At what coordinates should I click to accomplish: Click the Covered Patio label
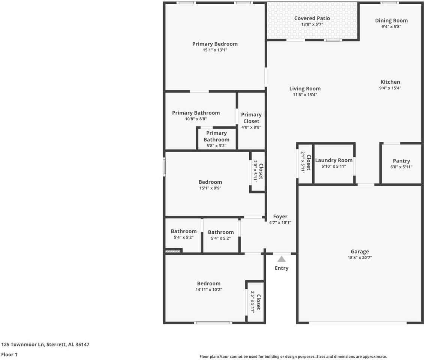point(312,18)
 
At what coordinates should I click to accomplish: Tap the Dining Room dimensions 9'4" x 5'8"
point(391,27)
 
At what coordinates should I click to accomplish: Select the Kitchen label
point(390,82)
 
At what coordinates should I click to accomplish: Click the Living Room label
point(305,89)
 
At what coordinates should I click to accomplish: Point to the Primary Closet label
point(251,118)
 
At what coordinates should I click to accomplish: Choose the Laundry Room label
point(334,160)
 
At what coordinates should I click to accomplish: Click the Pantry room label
point(401,161)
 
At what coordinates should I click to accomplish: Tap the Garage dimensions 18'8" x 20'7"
point(360,258)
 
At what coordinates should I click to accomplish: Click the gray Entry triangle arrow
point(282,259)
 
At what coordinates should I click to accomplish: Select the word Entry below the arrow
point(282,268)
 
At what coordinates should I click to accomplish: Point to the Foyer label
point(280,216)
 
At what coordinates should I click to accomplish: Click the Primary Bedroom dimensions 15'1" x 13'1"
point(215,50)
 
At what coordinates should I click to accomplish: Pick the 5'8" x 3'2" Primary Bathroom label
point(216,136)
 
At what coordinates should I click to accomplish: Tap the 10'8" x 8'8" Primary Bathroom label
point(196,113)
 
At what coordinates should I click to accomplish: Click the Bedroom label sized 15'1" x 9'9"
point(210,182)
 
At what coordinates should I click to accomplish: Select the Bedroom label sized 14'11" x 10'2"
point(209,283)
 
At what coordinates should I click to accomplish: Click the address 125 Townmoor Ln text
point(45,344)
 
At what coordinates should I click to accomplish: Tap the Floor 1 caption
point(9,354)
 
